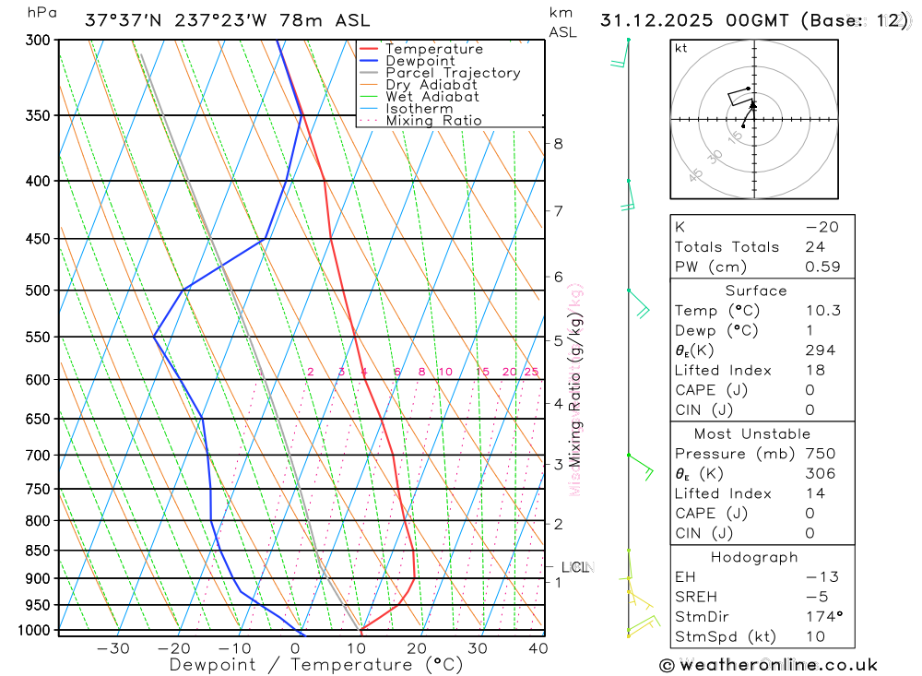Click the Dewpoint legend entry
tap(420, 61)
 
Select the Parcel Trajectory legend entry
tap(453, 73)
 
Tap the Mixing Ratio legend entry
tap(433, 121)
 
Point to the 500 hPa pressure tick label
tap(38, 291)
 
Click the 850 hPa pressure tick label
tap(38, 551)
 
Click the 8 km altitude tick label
tap(558, 144)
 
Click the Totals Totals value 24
tap(812, 246)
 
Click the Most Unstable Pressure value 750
tap(819, 454)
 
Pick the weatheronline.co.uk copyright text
tap(768, 665)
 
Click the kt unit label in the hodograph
tap(680, 49)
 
